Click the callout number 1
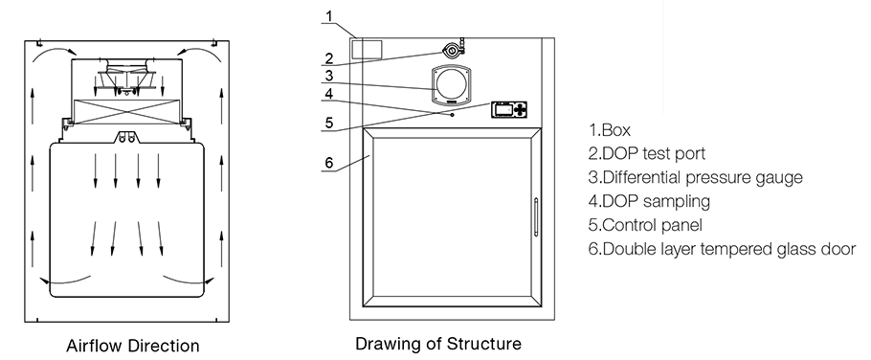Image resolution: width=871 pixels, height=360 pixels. point(329,16)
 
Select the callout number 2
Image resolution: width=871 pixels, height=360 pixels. point(329,57)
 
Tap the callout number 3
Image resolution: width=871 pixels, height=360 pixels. point(329,76)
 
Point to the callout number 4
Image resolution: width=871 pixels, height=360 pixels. point(329,94)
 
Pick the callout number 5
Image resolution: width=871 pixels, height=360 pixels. point(329,123)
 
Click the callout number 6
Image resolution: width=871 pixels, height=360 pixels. point(329,162)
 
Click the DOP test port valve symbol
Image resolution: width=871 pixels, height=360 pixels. point(453,50)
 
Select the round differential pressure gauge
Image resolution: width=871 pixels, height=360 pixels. point(451,84)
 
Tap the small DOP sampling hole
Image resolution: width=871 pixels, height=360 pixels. point(452,115)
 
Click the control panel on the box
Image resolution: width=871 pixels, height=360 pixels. point(509,110)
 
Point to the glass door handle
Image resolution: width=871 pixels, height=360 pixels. point(536,217)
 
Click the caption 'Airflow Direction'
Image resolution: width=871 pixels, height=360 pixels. point(133,346)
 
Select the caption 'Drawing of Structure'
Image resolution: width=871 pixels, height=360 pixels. point(438,344)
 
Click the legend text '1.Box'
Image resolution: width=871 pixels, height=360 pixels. point(610,130)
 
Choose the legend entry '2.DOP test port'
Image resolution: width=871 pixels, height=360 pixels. point(647,153)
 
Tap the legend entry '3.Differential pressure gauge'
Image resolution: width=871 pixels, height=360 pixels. point(696,178)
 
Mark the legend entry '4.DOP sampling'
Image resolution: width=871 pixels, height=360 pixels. point(649,201)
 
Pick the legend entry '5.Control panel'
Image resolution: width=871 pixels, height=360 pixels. point(645,225)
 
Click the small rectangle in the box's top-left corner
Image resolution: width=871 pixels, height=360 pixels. point(368,48)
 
